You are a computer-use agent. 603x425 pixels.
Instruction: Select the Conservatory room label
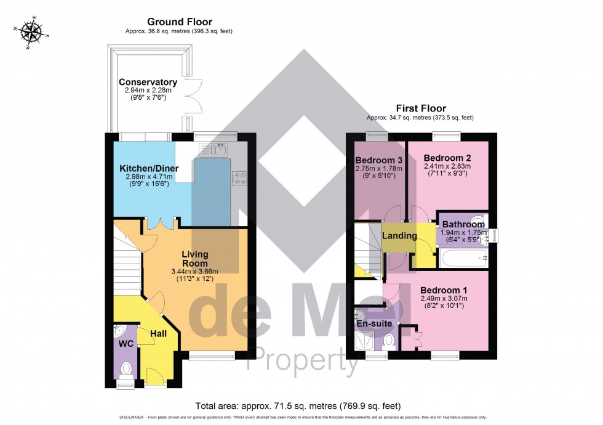[x=148, y=82]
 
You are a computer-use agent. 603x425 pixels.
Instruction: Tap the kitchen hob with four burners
[x=239, y=179]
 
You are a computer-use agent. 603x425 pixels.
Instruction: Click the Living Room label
[x=194, y=259]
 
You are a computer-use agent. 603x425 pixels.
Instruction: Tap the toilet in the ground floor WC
[x=126, y=369]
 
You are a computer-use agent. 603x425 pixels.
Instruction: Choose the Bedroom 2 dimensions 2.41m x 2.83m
[x=447, y=166]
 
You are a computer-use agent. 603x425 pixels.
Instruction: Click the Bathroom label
[x=463, y=224]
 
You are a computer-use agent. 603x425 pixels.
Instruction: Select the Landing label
[x=399, y=235]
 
